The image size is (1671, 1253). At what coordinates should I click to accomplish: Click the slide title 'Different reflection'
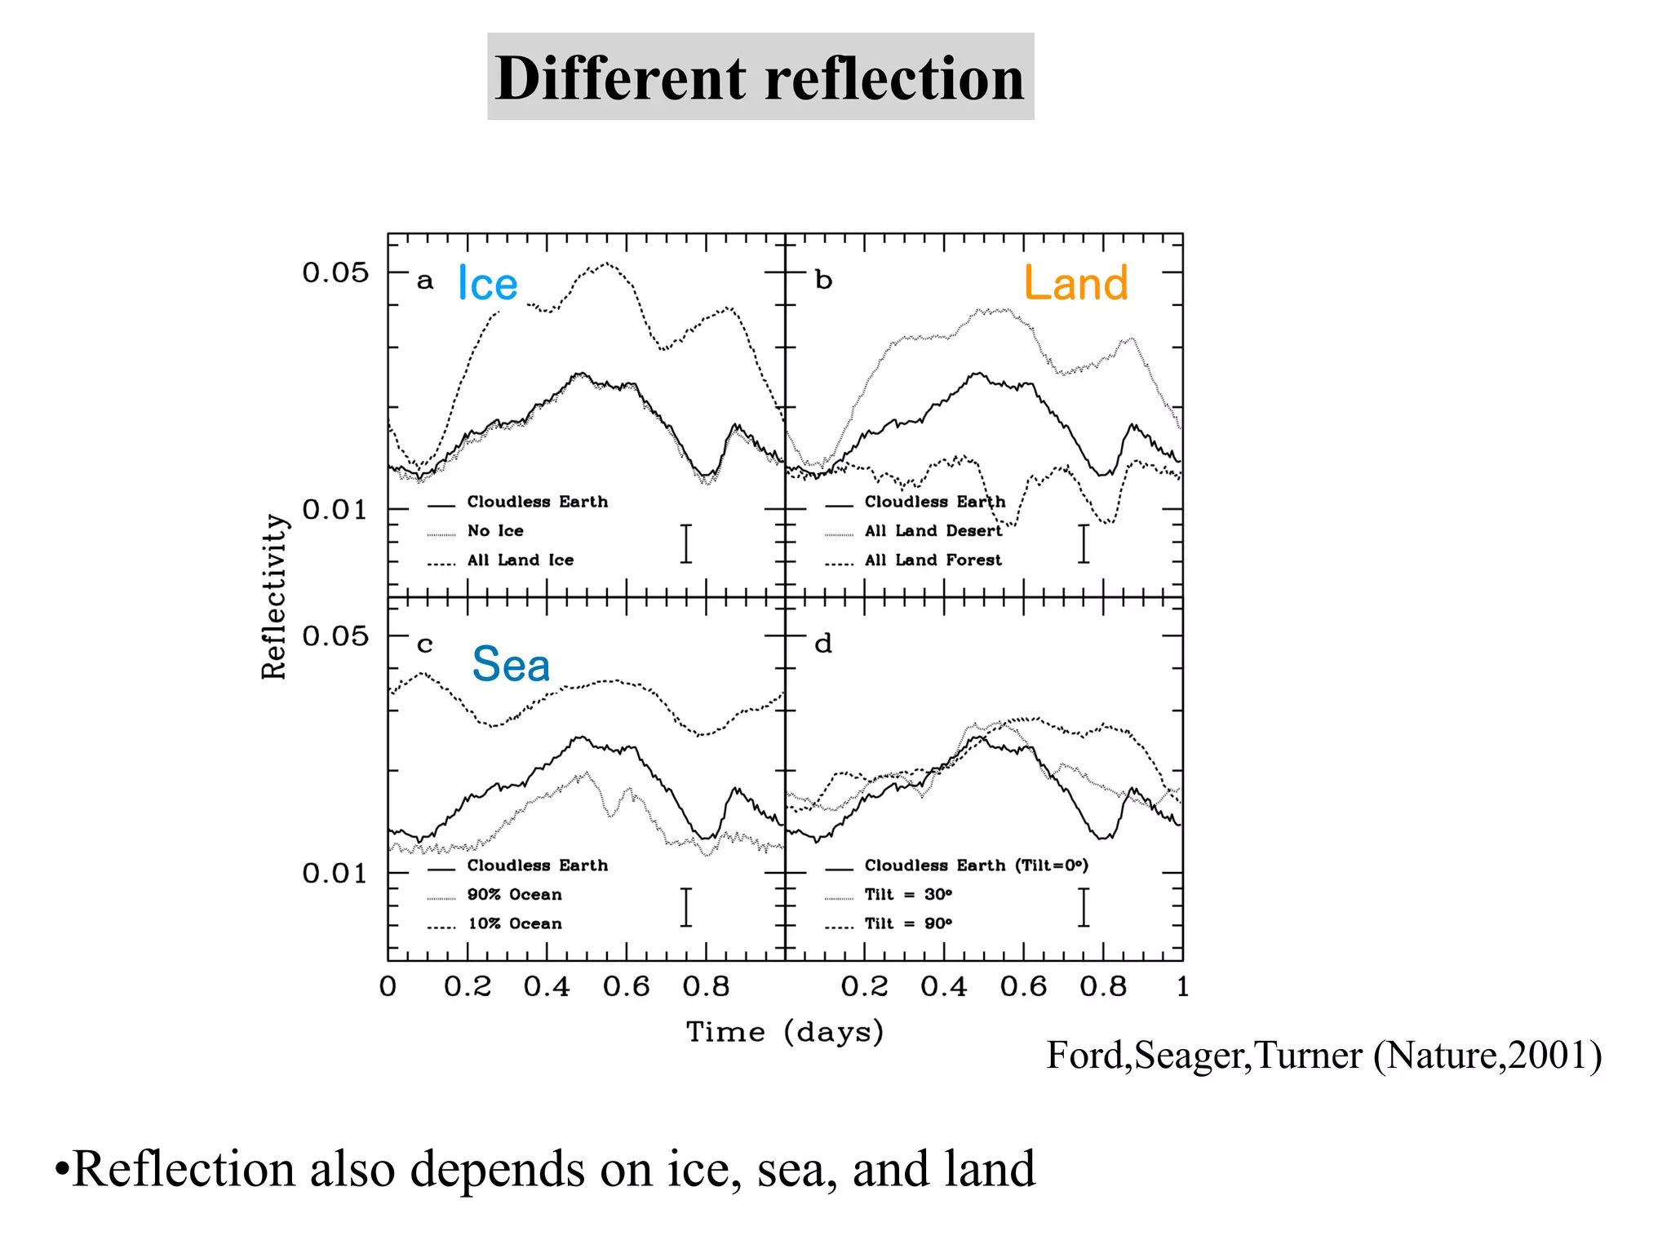(760, 77)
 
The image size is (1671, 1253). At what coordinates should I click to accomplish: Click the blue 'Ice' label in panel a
(487, 284)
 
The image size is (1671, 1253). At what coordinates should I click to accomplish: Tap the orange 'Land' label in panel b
(1075, 283)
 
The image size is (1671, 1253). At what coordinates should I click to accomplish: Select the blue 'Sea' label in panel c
(511, 664)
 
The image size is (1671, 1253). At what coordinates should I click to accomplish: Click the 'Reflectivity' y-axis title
(274, 596)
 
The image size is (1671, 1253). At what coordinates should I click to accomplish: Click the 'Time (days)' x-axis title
(784, 1032)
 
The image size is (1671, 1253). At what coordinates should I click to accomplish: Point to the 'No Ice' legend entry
(494, 531)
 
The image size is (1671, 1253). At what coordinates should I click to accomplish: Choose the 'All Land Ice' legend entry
(520, 560)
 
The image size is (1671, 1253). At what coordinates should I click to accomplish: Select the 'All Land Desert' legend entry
(933, 531)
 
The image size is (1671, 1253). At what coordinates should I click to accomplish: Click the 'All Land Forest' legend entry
(933, 560)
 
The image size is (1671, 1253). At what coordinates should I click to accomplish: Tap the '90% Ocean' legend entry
(514, 895)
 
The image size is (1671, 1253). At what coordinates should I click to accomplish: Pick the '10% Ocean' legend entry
(514, 924)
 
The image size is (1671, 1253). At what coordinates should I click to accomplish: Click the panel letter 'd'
(823, 644)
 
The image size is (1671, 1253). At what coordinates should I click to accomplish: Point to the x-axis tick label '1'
(1182, 987)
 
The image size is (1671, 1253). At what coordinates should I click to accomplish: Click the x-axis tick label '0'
(388, 987)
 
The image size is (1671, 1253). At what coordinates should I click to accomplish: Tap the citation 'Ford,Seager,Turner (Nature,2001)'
(1323, 1056)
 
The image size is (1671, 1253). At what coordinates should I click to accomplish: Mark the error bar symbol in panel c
(686, 907)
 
